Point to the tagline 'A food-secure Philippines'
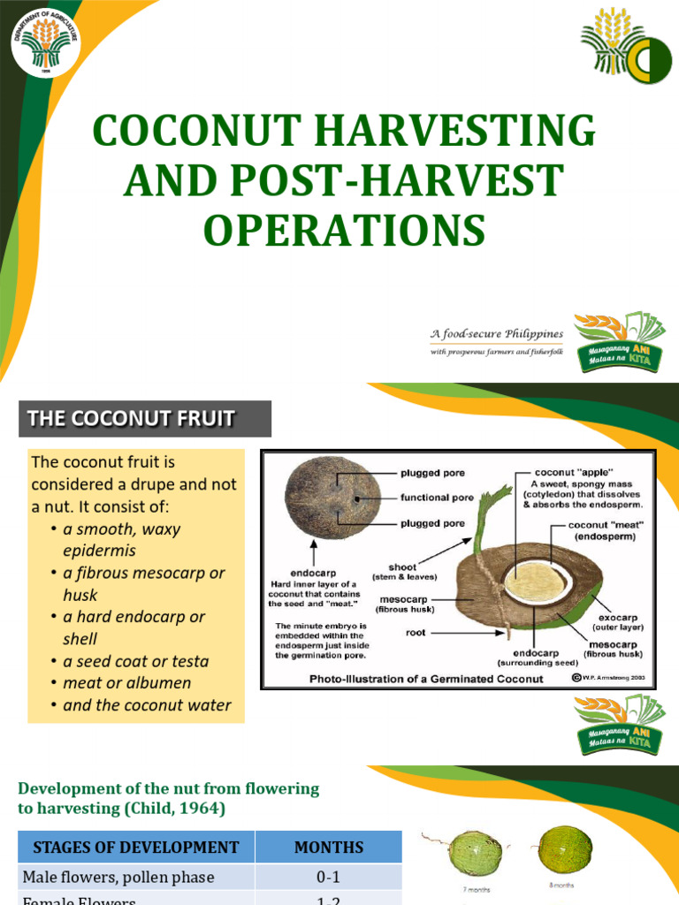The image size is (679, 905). pos(496,334)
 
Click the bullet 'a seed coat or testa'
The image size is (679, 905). pos(135,661)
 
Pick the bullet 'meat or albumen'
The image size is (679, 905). pos(126,683)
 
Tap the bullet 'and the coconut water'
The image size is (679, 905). pos(147,705)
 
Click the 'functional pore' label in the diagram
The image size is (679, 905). pos(437,498)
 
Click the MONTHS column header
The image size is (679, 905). pos(328,847)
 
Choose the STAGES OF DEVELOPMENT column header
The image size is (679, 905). pos(136,847)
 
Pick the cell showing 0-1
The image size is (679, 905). pos(328,878)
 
